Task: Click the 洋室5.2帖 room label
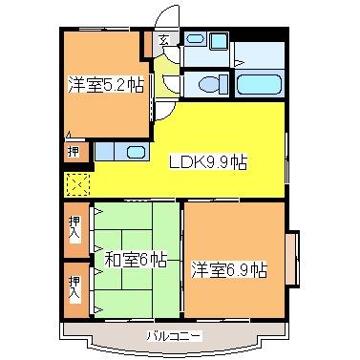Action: tap(106, 84)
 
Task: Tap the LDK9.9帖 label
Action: tap(208, 161)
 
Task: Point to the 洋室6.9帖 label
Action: tap(228, 268)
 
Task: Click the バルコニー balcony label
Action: tap(174, 336)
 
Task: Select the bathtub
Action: tap(261, 83)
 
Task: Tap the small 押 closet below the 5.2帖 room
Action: tap(74, 151)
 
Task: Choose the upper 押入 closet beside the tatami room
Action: tap(75, 227)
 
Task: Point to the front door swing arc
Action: tap(167, 17)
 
